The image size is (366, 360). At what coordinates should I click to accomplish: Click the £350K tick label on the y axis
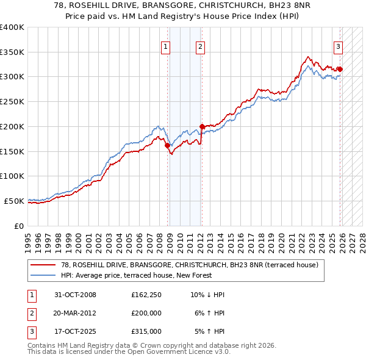coord(12,52)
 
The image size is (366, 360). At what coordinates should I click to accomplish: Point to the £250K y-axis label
coord(12,102)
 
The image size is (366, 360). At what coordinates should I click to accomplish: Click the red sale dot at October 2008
coord(167,145)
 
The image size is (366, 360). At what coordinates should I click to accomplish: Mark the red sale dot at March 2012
coord(201,127)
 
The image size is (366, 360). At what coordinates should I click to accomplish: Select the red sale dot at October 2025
coord(339,70)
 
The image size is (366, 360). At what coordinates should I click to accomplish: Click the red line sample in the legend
coord(43,265)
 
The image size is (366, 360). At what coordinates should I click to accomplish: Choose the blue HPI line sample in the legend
coord(43,276)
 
